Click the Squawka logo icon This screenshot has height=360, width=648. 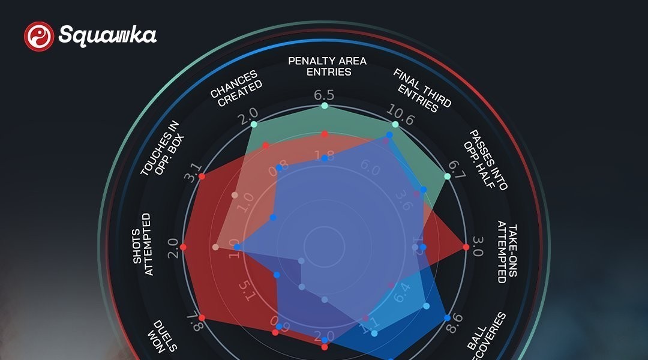click(x=38, y=36)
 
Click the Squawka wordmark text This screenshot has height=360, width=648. click(x=107, y=35)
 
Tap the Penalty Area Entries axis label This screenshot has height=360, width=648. click(x=327, y=66)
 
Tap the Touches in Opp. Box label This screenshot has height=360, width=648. click(x=162, y=148)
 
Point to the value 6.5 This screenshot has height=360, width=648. click(x=325, y=94)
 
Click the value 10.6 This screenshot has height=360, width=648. click(x=401, y=119)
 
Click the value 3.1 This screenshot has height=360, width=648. click(x=193, y=177)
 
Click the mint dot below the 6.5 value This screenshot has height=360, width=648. click(x=325, y=106)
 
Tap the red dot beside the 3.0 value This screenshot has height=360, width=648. click(x=466, y=247)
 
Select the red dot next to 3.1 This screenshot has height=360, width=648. click(x=202, y=176)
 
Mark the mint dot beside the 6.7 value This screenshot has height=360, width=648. click(x=447, y=176)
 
